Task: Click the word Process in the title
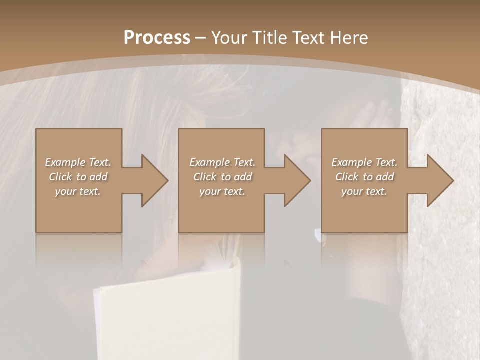[x=157, y=37]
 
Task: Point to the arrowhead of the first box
[x=153, y=180]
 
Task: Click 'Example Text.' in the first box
[x=78, y=162]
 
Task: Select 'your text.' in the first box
[x=78, y=191]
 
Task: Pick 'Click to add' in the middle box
[x=222, y=177]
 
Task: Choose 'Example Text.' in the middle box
[x=222, y=162]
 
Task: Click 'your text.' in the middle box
[x=222, y=191]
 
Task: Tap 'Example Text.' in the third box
[x=364, y=162]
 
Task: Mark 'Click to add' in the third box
[x=364, y=177]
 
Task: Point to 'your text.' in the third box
[x=364, y=191]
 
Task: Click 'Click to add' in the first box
[x=78, y=177]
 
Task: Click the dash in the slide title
[x=200, y=38]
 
